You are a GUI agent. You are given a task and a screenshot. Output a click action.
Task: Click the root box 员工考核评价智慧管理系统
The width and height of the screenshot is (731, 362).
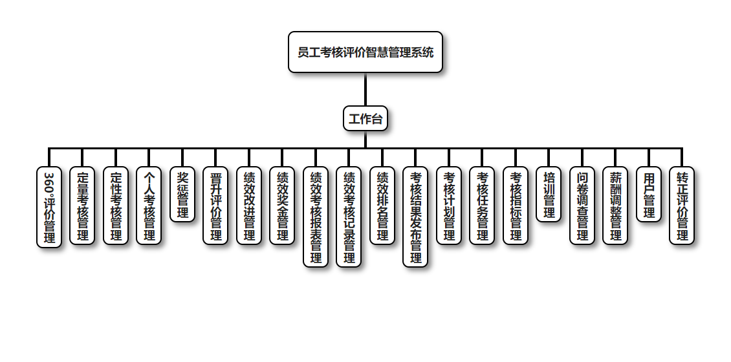(365, 52)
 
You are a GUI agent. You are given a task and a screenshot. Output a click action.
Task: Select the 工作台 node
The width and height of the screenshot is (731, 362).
(365, 119)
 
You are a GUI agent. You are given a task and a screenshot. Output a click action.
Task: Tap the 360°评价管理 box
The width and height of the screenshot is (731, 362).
(49, 207)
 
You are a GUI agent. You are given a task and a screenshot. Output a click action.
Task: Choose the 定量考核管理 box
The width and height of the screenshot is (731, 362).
(82, 206)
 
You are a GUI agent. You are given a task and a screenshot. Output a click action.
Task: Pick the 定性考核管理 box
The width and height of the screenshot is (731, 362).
(116, 206)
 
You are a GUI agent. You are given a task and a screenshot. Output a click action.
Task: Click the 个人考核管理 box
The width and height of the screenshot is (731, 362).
(149, 206)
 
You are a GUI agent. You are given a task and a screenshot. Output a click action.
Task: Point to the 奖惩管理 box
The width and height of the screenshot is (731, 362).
(182, 195)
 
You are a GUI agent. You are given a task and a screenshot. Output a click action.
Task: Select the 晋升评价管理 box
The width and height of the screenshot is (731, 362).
(215, 206)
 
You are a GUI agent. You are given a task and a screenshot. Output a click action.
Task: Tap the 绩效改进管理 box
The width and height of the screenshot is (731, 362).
(249, 206)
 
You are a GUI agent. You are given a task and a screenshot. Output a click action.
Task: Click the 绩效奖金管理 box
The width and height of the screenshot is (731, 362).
(282, 206)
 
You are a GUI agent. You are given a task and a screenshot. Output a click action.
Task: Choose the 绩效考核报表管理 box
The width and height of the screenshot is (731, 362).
(316, 217)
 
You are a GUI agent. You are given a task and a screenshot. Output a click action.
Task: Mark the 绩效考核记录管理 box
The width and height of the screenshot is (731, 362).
(349, 217)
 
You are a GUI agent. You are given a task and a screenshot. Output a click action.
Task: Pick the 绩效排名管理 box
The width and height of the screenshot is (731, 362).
(382, 206)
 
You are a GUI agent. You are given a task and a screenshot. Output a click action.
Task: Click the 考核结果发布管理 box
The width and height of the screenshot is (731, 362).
(415, 217)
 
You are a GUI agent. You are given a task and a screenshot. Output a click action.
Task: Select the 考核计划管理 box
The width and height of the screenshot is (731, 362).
(449, 206)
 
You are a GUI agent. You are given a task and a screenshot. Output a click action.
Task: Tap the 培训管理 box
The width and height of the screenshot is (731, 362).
(549, 195)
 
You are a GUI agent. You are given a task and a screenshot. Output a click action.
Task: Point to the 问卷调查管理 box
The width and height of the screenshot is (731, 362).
(582, 206)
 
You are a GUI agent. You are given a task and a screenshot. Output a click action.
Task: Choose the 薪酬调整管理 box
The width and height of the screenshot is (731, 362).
(615, 206)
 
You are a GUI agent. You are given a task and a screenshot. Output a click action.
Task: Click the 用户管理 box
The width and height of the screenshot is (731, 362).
(649, 195)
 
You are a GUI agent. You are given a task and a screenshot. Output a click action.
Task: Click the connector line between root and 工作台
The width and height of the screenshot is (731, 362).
(365, 89)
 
